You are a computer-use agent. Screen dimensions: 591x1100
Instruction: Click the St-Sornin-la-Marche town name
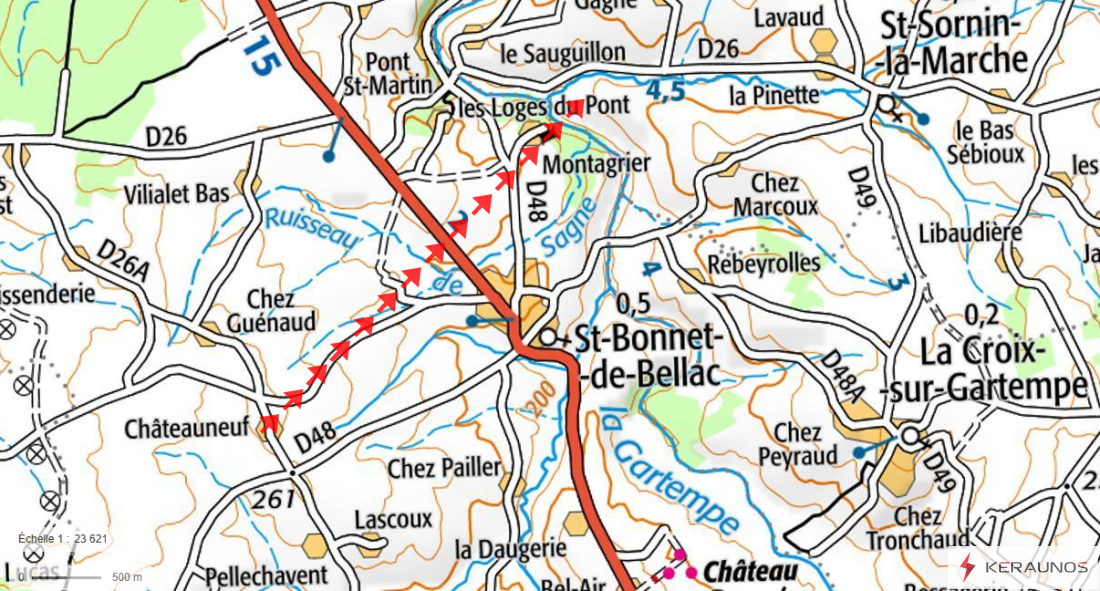951,43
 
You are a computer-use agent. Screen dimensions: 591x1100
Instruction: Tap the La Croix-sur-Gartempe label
1003,368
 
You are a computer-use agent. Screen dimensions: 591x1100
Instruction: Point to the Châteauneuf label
187,428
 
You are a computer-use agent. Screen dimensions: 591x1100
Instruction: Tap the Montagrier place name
598,163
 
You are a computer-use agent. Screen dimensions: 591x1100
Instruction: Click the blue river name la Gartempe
673,470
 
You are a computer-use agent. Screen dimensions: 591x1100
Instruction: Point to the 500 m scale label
127,577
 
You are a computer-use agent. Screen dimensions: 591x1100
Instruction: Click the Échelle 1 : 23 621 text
62,538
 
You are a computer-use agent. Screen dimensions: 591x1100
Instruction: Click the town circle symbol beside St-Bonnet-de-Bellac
548,338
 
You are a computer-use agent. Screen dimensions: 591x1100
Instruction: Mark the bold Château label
751,571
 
